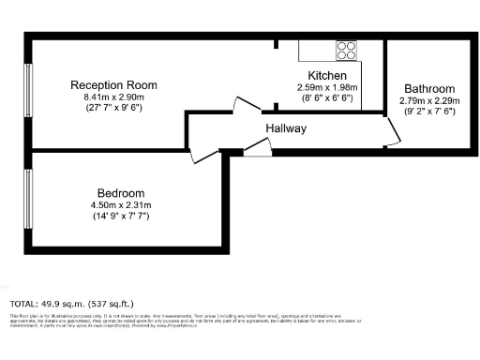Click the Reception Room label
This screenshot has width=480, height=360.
(113, 85)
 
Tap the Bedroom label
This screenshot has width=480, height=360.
(119, 193)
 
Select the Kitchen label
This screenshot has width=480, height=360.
(328, 76)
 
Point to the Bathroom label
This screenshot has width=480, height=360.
(428, 89)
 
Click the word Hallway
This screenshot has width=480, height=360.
(286, 129)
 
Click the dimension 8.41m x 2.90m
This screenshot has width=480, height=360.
(114, 97)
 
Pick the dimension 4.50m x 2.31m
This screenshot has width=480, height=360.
(120, 204)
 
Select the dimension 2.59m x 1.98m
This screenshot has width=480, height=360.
(328, 87)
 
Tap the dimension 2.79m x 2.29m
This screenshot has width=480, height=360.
(428, 100)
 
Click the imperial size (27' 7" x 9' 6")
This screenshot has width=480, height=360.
(114, 107)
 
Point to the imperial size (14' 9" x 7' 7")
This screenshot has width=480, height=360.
(120, 216)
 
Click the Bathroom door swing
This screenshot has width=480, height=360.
(397, 134)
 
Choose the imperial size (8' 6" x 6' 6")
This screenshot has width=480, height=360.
(328, 97)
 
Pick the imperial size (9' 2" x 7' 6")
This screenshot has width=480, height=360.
(428, 111)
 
